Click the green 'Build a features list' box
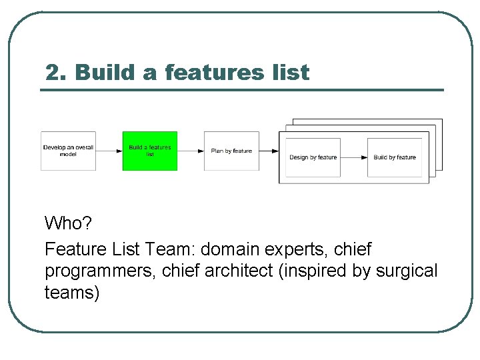tap(150, 151)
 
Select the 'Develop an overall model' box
tap(68, 151)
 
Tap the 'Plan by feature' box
tap(231, 151)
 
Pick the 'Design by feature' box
tap(313, 157)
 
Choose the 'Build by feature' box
tap(395, 157)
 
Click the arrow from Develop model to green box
tap(109, 151)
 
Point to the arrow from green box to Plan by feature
tap(191, 151)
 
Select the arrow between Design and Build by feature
tap(354, 157)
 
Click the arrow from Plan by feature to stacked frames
tap(269, 151)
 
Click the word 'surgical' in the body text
tap(407, 271)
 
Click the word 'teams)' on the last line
tap(72, 292)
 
